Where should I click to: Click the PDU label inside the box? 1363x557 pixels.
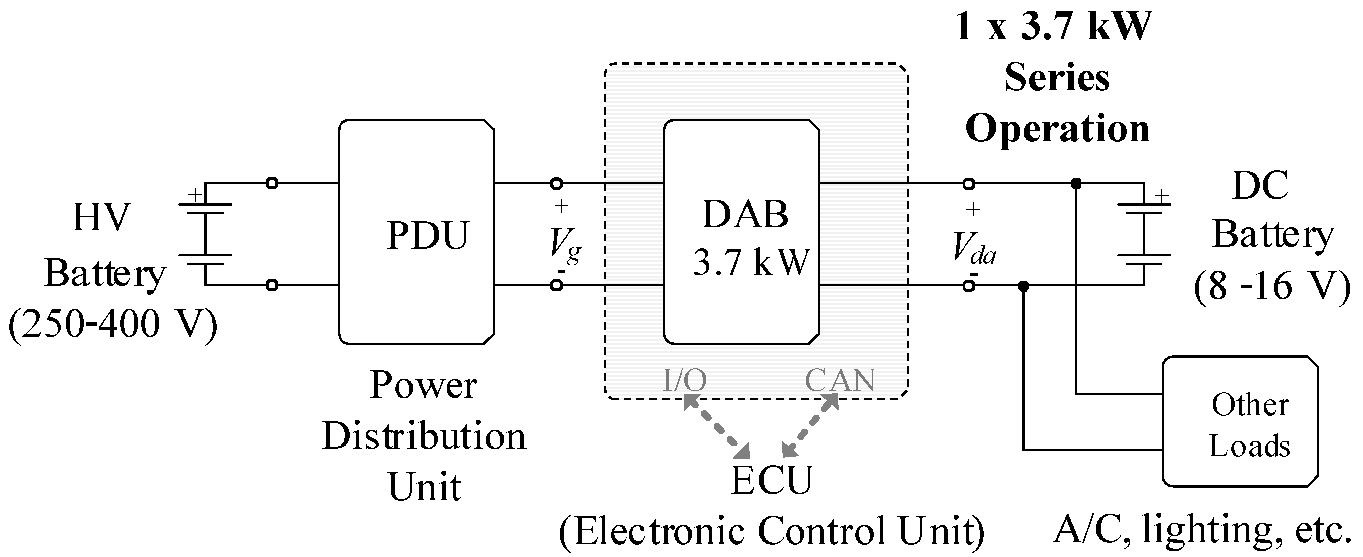click(x=428, y=235)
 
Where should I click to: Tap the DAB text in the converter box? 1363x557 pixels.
click(x=745, y=215)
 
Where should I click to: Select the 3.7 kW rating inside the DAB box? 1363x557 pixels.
click(x=751, y=262)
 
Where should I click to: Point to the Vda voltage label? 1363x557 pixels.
click(x=973, y=248)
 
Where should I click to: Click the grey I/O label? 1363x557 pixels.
click(x=684, y=380)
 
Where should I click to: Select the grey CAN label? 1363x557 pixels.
click(x=840, y=380)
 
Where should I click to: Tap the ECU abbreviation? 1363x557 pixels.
click(x=771, y=480)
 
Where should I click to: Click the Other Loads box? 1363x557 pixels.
click(x=1240, y=421)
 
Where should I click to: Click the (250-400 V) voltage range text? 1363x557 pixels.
click(x=113, y=324)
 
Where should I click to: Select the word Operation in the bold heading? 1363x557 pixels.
click(x=1057, y=128)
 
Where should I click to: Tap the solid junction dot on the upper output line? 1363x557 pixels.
click(x=1076, y=183)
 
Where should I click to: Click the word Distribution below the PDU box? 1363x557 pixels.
click(x=424, y=437)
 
